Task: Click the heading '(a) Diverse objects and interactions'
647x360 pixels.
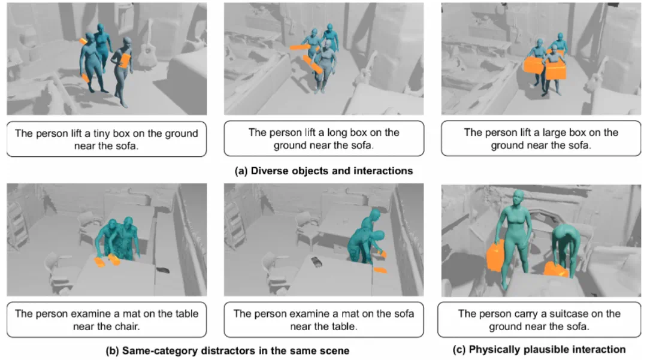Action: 323,171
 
